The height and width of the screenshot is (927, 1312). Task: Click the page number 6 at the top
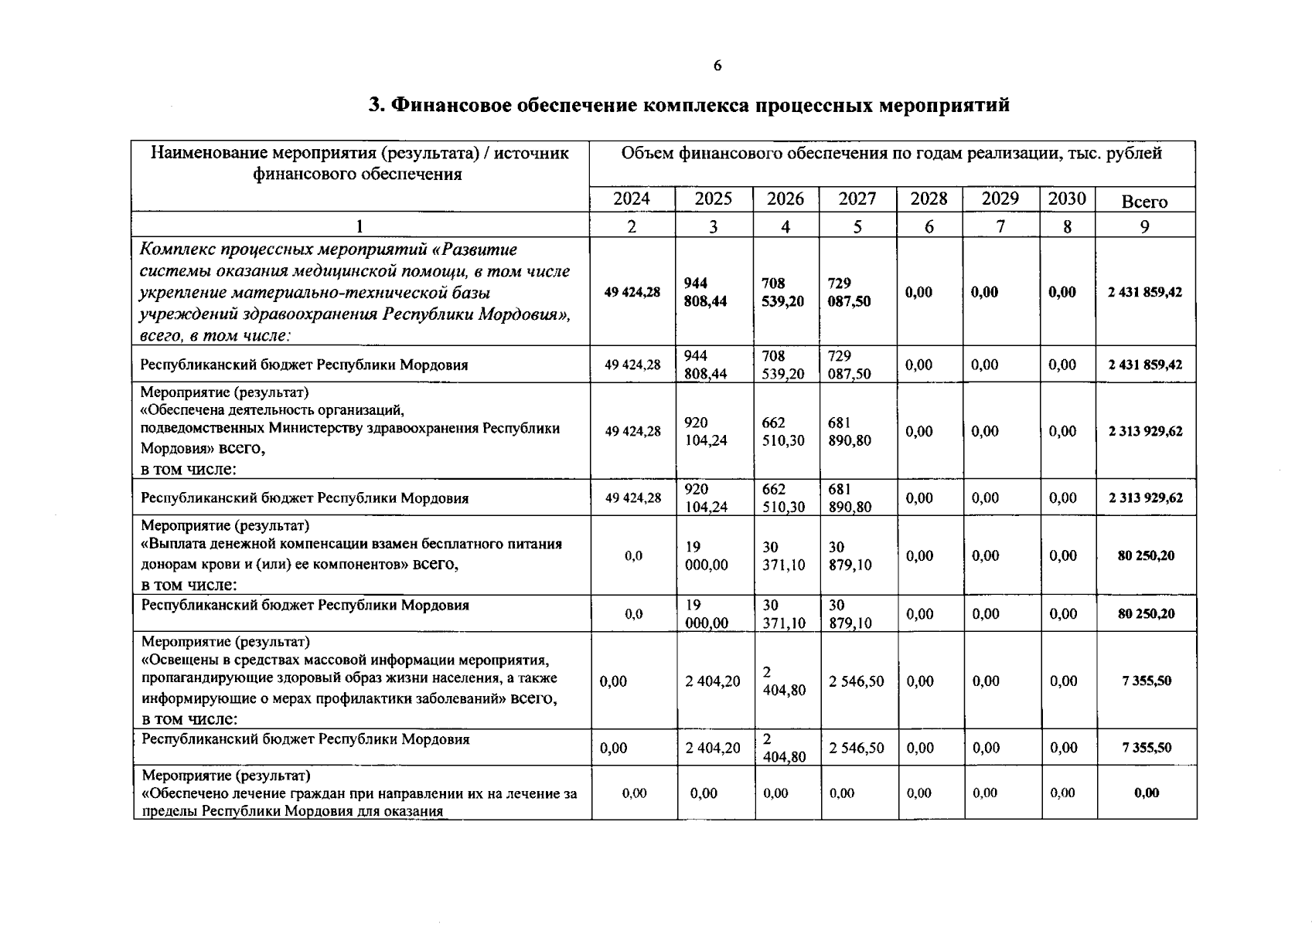point(717,66)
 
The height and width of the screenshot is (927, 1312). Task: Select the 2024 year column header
point(632,199)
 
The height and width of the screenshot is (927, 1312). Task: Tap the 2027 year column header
point(857,199)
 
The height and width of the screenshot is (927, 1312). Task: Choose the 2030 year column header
point(1067,199)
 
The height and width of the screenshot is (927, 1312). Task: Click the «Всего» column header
point(1144,202)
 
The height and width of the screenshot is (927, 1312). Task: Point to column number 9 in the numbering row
point(1145,226)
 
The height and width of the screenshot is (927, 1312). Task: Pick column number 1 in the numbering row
point(360,226)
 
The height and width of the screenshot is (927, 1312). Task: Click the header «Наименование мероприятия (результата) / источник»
point(360,153)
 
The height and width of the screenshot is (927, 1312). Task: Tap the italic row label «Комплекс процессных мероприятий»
point(329,250)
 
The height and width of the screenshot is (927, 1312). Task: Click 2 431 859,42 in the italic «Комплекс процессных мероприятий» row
point(1145,292)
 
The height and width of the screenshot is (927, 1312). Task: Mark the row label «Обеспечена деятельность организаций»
point(273,410)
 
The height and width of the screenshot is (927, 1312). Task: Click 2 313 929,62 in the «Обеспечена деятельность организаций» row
point(1145,431)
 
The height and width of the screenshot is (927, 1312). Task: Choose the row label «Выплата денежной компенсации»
point(352,544)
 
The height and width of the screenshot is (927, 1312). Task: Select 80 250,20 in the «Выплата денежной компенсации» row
point(1146,555)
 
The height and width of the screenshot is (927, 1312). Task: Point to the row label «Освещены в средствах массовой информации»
point(346,660)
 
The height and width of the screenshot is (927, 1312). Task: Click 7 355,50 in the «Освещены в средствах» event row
point(1147,681)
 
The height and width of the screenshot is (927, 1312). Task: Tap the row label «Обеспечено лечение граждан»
point(360,793)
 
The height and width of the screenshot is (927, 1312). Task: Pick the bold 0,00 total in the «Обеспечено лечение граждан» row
point(1147,793)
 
